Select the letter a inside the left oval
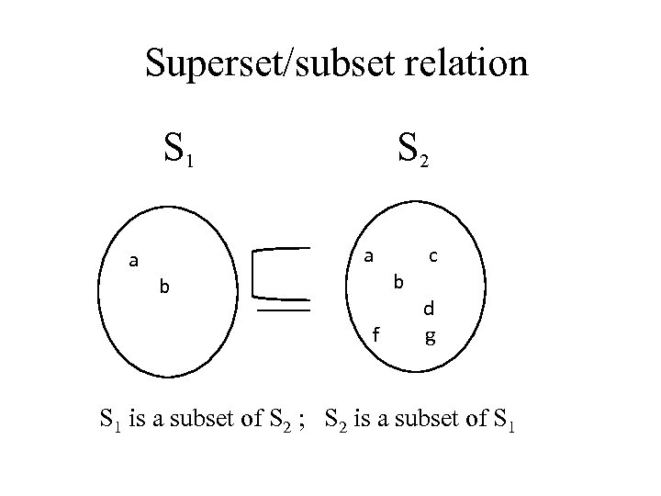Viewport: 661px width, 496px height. [133, 261]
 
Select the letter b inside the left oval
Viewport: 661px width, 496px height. [164, 287]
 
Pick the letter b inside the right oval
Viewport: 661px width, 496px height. [398, 281]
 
